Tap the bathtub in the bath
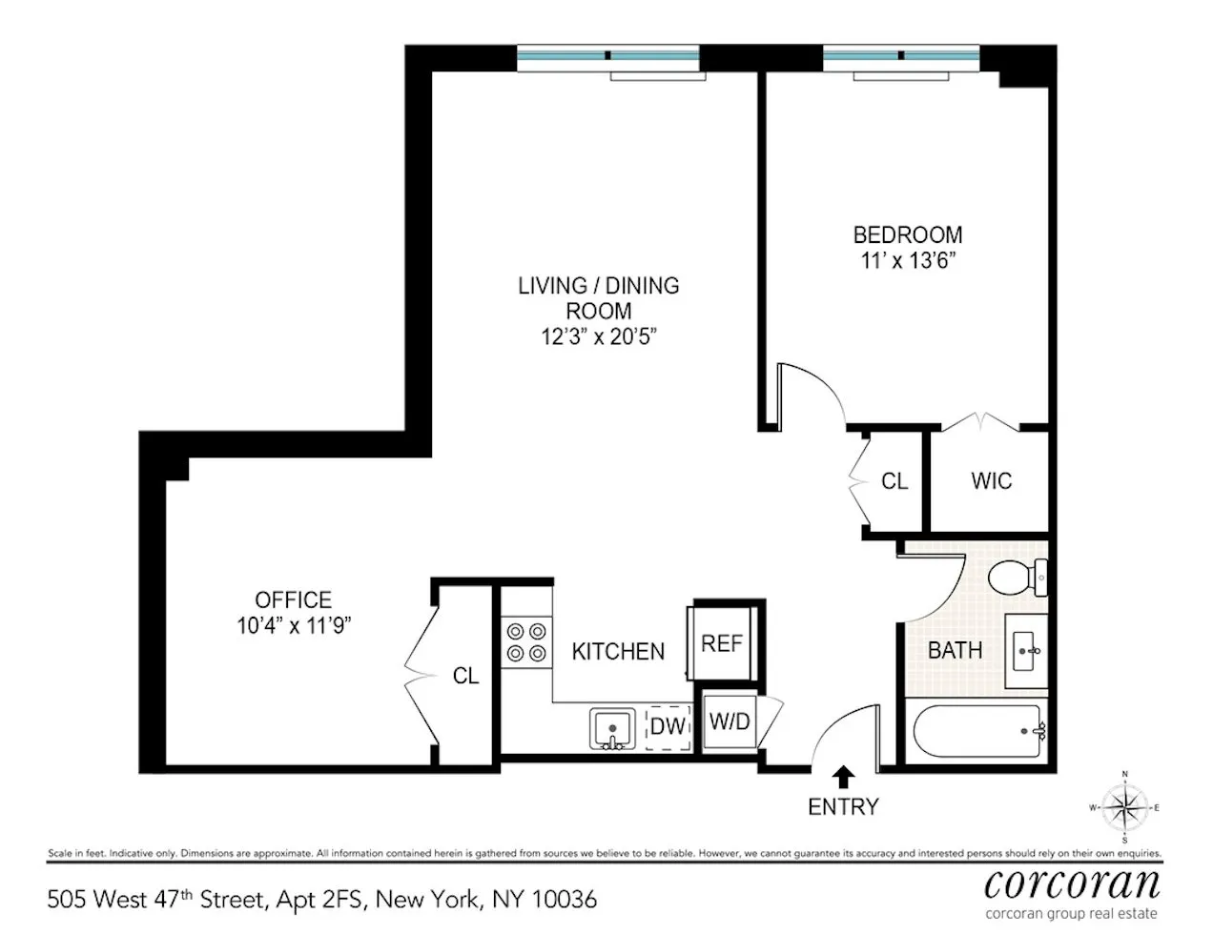(977, 732)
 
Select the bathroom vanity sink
(1027, 652)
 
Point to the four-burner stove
(526, 641)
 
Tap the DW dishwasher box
(668, 726)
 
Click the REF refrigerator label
(722, 643)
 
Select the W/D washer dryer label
(730, 721)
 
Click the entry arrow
(843, 776)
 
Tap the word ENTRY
(843, 807)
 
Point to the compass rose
(1125, 807)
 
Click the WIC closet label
(991, 481)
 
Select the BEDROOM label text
(907, 234)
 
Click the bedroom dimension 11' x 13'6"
(907, 260)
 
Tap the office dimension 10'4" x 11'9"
(294, 626)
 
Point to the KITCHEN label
(618, 652)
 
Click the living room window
(607, 58)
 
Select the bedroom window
(900, 58)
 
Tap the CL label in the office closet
(465, 676)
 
